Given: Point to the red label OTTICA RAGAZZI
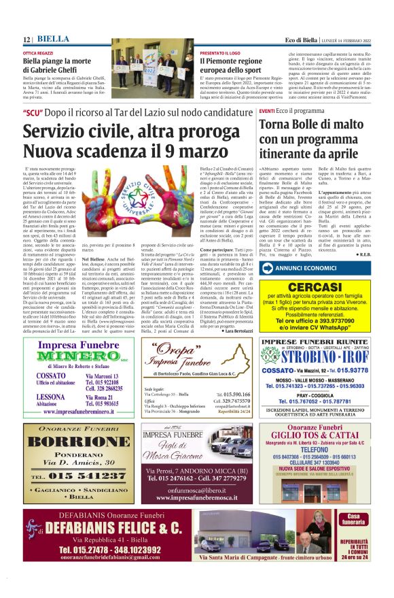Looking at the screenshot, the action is click(38, 52).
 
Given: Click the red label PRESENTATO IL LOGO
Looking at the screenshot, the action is click(221, 52).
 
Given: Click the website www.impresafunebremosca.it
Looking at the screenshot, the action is click(197, 498).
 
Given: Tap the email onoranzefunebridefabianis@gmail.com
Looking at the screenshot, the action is click(95, 557).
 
